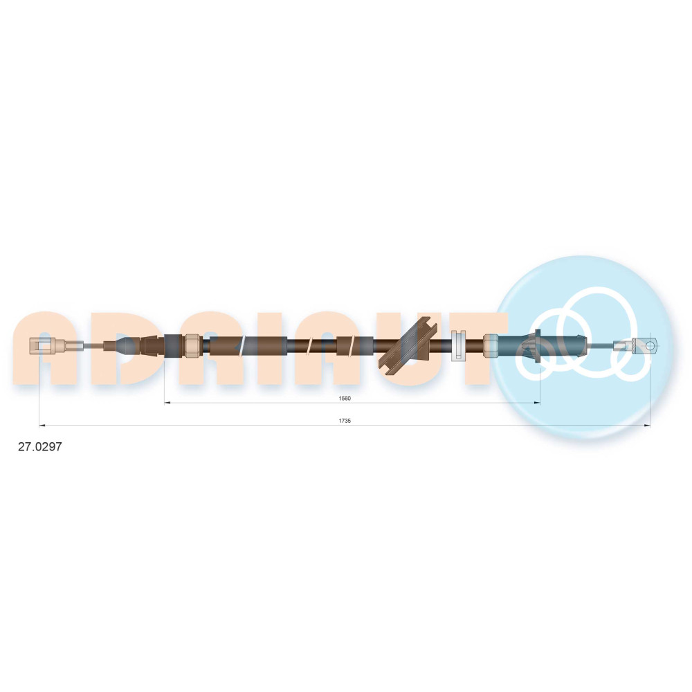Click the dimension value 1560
tap(345, 399)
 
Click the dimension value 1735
tap(345, 421)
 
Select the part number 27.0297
tap(39, 446)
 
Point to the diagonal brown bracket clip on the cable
tap(408, 343)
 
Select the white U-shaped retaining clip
tap(459, 345)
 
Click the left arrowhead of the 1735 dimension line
tap(42, 426)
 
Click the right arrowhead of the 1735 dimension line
tap(647, 426)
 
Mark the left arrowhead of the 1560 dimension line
tap(167, 403)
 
